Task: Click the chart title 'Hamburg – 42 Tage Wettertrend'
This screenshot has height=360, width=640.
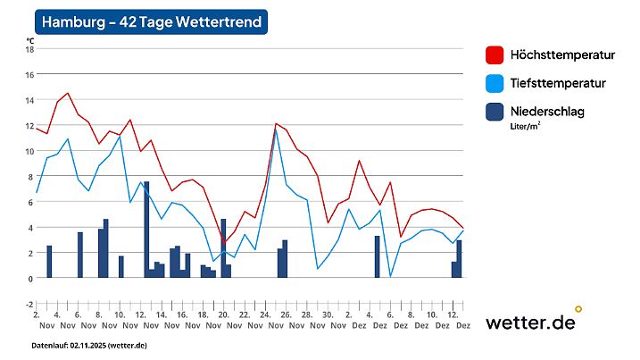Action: [x=152, y=22]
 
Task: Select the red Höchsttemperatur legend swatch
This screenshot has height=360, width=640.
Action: [x=495, y=55]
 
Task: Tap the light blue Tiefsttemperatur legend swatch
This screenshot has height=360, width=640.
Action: [x=495, y=83]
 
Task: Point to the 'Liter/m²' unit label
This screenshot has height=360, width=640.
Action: [x=526, y=127]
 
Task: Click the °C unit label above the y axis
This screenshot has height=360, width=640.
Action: [x=29, y=40]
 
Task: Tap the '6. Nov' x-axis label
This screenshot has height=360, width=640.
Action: [x=78, y=320]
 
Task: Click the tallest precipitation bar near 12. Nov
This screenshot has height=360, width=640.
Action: [x=146, y=229]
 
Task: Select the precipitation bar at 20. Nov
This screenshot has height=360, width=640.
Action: [x=223, y=247]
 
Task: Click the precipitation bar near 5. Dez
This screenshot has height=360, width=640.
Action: [x=378, y=256]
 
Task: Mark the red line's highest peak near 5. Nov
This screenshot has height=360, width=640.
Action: [x=67, y=93]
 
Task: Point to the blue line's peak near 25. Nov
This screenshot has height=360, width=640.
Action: [x=277, y=130]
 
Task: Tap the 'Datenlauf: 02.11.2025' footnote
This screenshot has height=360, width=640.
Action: [x=89, y=345]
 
